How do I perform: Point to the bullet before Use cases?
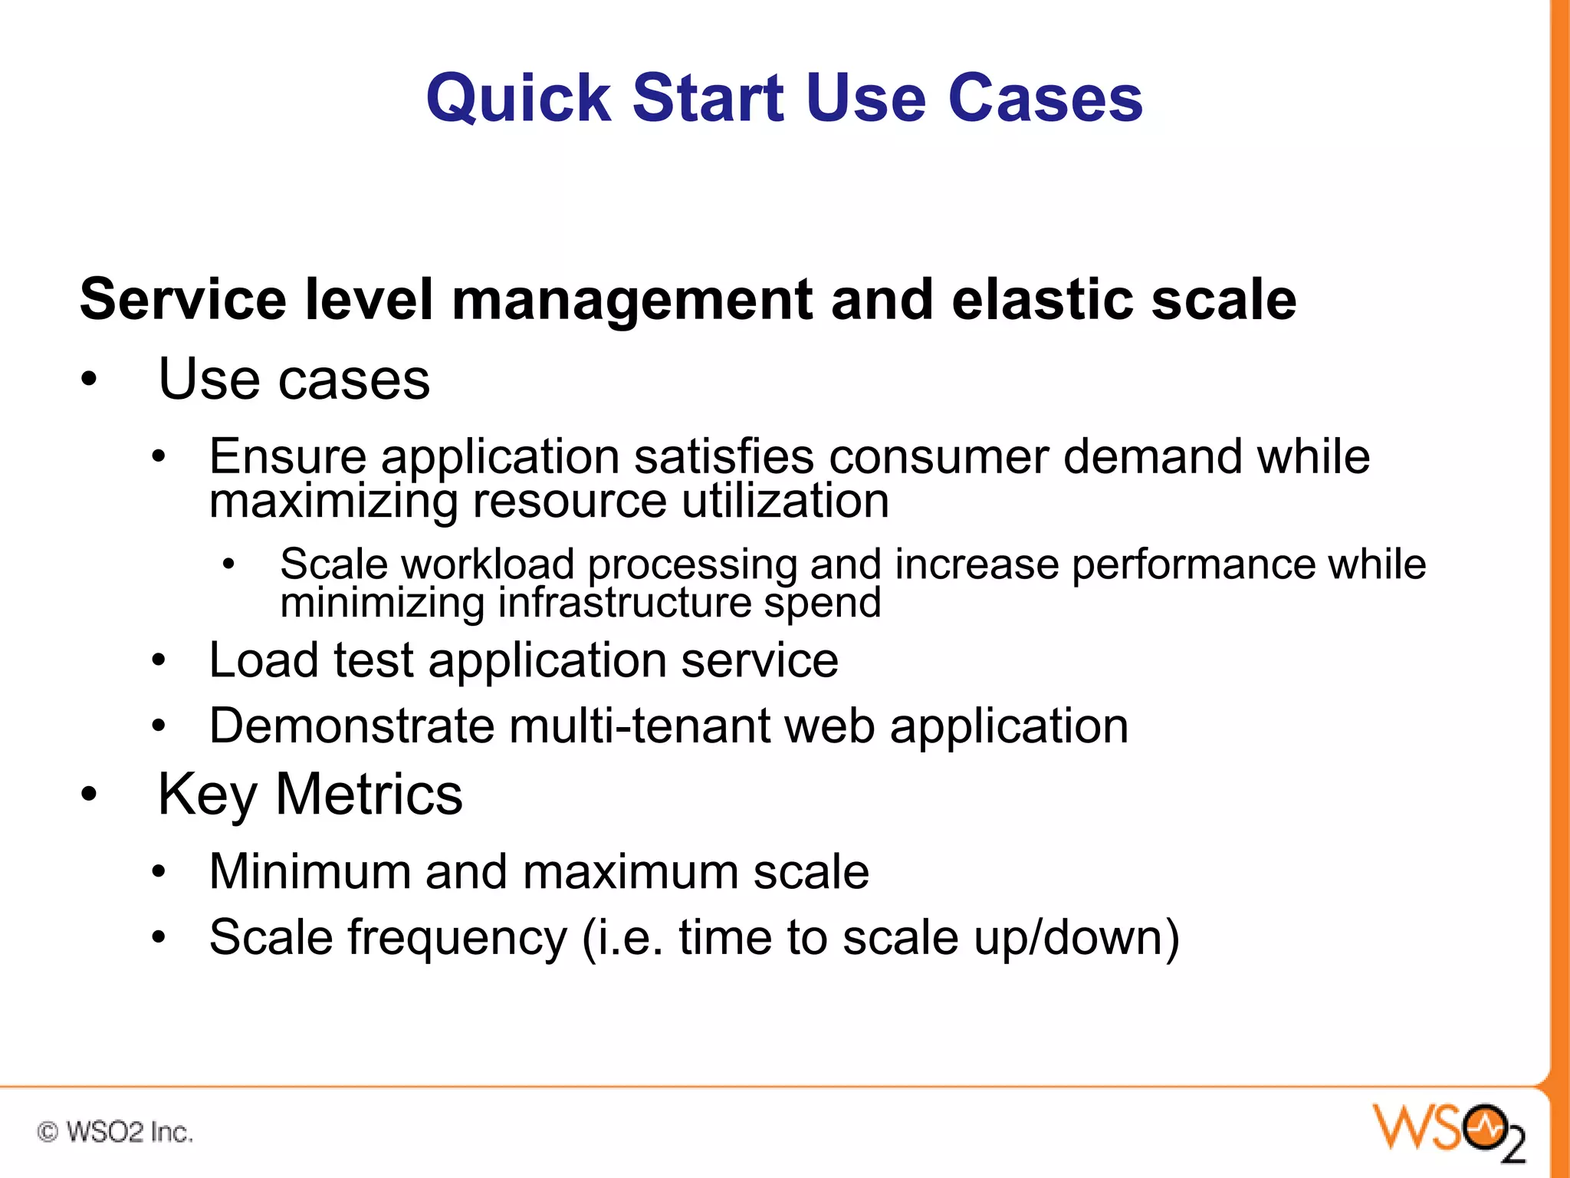[90, 380]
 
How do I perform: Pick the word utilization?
[785, 501]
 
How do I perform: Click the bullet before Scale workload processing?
[228, 565]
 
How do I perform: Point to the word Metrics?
[369, 795]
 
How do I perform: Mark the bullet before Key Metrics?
[90, 795]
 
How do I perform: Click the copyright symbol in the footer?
[48, 1131]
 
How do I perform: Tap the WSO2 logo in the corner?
[1448, 1131]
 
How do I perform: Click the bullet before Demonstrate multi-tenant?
[159, 726]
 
